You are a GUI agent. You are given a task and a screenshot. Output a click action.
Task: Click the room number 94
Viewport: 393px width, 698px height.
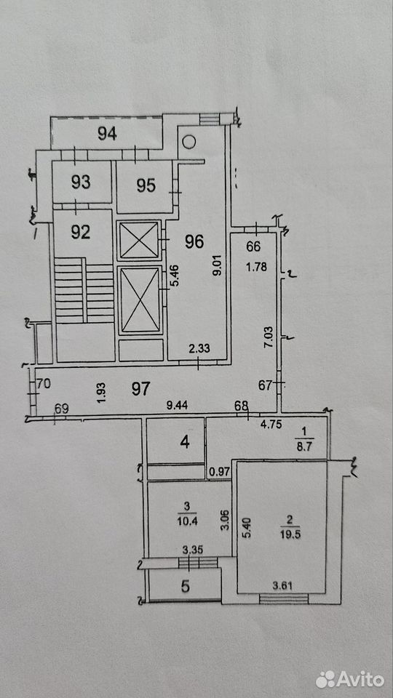tap(107, 134)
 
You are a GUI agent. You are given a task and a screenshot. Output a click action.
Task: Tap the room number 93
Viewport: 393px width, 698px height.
tap(81, 182)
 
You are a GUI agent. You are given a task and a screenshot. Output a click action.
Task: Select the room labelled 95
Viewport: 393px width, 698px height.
tap(146, 185)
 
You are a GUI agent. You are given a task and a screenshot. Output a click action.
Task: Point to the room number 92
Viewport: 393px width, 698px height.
tap(81, 233)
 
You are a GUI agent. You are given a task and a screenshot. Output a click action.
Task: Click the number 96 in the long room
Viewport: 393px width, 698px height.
tap(194, 241)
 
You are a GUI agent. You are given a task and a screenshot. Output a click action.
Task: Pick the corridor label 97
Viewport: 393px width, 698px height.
tap(141, 388)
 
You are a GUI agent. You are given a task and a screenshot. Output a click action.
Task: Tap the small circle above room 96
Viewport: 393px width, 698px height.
tap(189, 142)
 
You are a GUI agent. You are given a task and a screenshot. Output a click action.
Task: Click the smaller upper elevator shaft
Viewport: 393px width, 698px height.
tap(139, 241)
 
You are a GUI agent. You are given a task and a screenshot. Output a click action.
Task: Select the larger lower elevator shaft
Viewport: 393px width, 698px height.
tap(140, 300)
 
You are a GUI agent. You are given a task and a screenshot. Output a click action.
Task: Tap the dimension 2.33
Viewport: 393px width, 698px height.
tap(199, 350)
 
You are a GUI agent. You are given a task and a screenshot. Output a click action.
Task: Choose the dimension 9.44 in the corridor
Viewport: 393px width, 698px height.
tap(175, 406)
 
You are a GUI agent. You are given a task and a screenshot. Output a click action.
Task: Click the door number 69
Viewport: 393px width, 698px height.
tap(61, 409)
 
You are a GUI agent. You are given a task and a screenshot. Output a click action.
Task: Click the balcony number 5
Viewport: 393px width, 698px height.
tap(185, 586)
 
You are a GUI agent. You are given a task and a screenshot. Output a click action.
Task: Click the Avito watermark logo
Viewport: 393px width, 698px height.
tap(350, 679)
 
